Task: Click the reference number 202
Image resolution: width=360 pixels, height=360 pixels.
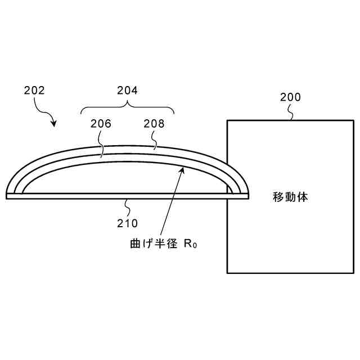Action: point(34,90)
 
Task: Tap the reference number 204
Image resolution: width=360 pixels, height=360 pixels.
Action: point(127,90)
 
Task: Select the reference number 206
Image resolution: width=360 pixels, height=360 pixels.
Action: point(100,124)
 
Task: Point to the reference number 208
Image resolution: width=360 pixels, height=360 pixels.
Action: point(154,124)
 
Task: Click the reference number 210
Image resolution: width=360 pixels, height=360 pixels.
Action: point(127,223)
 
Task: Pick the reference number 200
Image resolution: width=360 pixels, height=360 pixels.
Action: point(290,97)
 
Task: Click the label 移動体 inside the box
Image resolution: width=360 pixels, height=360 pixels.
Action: point(290,197)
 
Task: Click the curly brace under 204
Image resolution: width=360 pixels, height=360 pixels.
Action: point(128,107)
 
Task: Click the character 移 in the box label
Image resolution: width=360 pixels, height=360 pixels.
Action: point(278,197)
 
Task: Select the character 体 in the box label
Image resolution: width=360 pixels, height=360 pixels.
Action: point(302,197)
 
